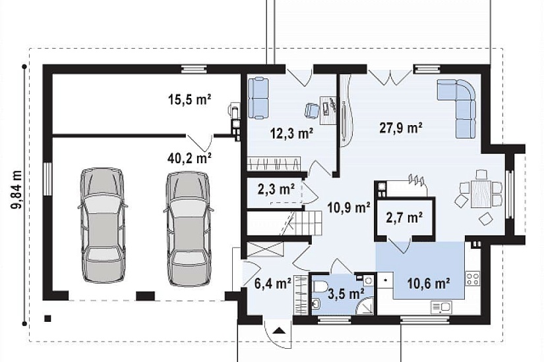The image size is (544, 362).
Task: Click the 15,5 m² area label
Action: (190, 100)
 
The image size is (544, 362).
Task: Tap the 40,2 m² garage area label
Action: (190, 158)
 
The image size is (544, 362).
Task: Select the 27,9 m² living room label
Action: (401, 128)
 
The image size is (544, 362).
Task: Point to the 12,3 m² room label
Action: (291, 134)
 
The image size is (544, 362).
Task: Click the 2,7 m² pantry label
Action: (404, 218)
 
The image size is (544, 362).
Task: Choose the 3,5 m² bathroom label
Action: (346, 294)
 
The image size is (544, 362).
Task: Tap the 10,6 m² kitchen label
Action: (429, 284)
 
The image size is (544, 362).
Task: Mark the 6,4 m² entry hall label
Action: (273, 284)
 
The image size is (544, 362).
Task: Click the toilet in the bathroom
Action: (320, 286)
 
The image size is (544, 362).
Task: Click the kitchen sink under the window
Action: (441, 307)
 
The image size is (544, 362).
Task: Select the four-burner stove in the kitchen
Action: (473, 279)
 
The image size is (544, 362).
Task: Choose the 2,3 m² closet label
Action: (276, 189)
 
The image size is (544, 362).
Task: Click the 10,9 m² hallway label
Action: (348, 207)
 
